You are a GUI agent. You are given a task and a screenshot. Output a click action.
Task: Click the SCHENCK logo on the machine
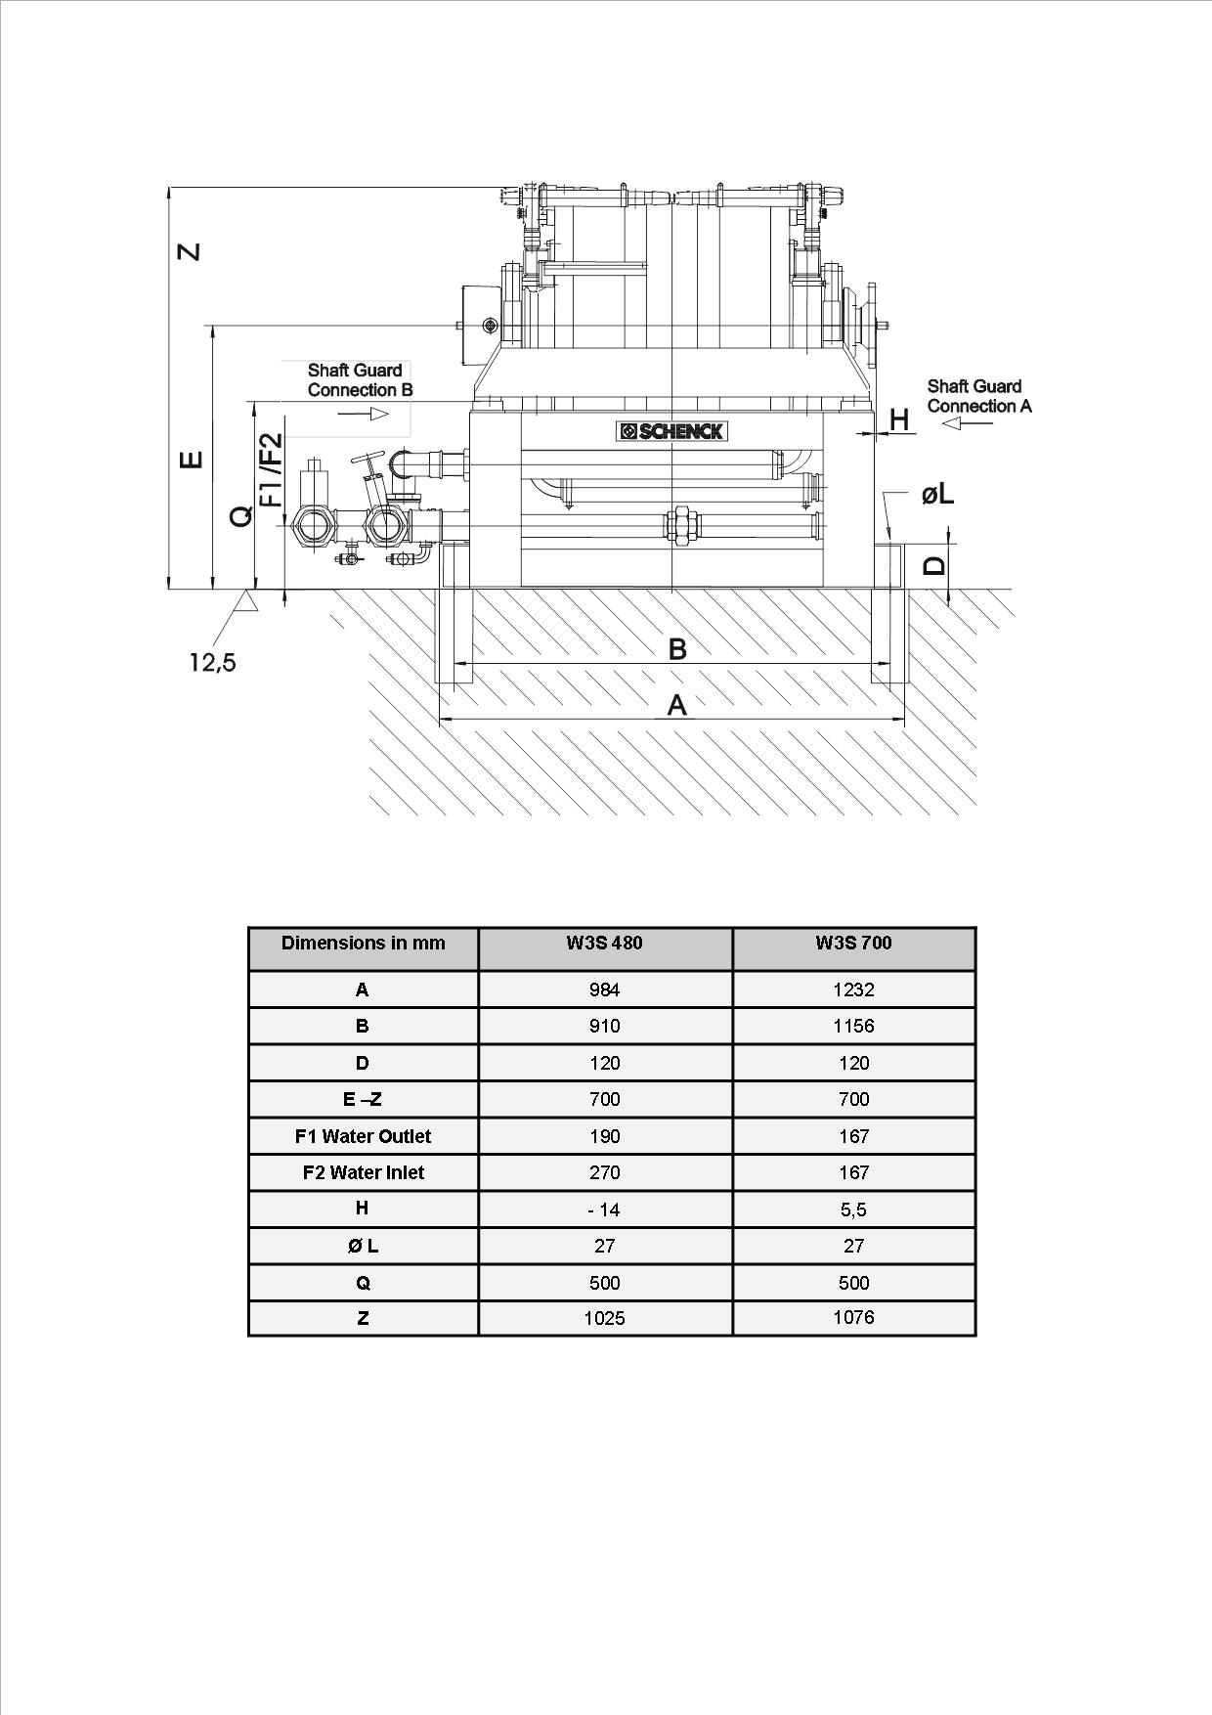point(672,431)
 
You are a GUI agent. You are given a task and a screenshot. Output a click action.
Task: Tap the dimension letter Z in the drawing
point(190,251)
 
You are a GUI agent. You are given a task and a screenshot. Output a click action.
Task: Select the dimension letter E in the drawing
point(193,459)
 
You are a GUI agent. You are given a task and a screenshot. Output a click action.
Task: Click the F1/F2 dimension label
point(271,469)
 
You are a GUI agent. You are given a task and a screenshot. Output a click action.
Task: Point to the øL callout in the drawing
point(937,495)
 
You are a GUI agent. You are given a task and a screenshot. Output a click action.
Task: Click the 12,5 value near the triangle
point(212,663)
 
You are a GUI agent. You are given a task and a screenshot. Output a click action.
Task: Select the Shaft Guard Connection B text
point(360,380)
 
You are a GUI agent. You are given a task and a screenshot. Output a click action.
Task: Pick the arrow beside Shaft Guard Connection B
point(364,414)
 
